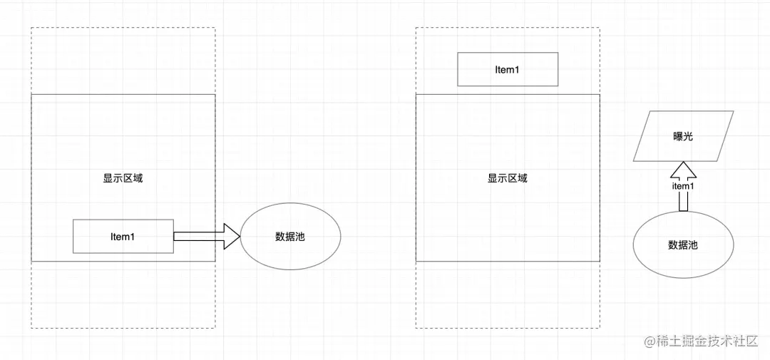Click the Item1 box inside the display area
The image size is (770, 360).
click(x=123, y=236)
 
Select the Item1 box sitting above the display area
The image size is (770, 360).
click(x=507, y=70)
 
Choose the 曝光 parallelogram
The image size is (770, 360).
click(x=683, y=136)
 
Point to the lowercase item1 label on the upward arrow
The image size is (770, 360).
click(x=683, y=186)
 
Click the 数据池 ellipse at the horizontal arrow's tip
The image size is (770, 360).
click(x=290, y=237)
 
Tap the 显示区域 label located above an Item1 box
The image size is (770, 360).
click(x=123, y=178)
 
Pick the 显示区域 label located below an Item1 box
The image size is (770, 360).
click(x=507, y=178)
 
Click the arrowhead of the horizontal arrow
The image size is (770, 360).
click(x=232, y=236)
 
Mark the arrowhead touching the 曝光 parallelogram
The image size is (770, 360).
click(x=683, y=169)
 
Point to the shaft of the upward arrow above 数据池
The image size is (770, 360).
click(x=683, y=202)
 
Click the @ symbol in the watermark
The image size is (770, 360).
click(x=650, y=341)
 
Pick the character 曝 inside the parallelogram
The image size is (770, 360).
click(x=677, y=136)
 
